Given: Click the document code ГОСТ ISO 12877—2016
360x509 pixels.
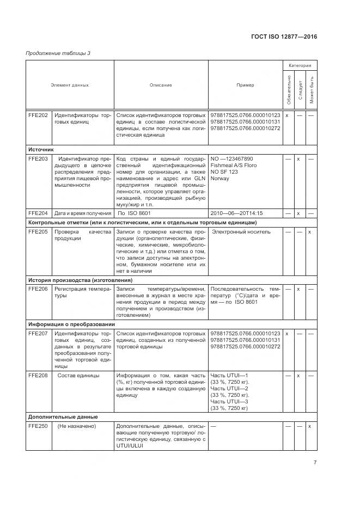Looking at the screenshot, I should (284, 36).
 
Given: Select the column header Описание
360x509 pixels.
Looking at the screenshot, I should (161, 85).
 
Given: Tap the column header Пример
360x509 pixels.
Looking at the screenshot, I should (245, 85).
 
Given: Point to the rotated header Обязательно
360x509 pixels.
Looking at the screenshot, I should (287, 89).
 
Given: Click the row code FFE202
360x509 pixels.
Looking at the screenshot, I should (38, 115).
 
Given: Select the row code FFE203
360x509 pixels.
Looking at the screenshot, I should (38, 159).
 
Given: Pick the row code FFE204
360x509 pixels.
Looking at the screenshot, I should (38, 213).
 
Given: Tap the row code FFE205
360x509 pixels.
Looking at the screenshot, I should (38, 232).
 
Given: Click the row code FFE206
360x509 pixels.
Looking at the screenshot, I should (38, 289).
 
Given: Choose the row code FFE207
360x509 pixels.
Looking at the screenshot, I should (38, 333).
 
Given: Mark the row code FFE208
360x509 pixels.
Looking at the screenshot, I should (38, 376).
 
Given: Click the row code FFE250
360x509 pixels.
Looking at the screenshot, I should (38, 426).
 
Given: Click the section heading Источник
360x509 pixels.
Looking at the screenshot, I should (41, 149).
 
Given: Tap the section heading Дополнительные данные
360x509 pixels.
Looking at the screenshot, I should (63, 416).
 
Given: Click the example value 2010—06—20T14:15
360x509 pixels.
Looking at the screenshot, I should (236, 213).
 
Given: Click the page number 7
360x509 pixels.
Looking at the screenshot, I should (315, 463).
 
